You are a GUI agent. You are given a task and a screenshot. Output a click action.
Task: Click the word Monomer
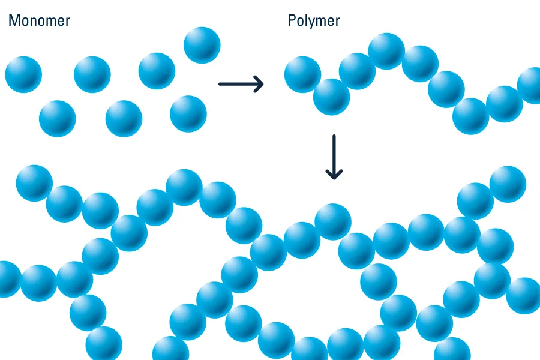[39, 21]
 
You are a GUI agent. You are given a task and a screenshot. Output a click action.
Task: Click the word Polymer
[314, 21]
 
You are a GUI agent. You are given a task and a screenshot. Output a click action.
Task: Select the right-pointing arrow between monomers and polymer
[241, 84]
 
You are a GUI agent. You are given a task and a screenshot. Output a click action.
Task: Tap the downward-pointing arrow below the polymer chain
[334, 157]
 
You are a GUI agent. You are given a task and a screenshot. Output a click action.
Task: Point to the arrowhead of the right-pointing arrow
[259, 84]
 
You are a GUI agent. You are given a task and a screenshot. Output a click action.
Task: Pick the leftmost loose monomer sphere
[23, 74]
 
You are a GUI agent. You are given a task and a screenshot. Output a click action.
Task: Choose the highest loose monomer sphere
[202, 45]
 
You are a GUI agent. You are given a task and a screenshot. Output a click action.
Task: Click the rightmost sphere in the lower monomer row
[188, 113]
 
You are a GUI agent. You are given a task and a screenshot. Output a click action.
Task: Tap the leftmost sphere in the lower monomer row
[58, 118]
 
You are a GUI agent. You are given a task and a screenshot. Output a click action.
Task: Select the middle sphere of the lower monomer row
[124, 118]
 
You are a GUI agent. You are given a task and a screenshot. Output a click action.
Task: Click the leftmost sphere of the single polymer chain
[302, 74]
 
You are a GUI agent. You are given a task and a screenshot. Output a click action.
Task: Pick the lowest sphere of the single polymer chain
[471, 116]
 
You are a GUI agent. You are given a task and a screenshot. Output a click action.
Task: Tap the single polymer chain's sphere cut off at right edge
[531, 85]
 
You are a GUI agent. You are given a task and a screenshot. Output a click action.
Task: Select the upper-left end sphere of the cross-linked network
[34, 183]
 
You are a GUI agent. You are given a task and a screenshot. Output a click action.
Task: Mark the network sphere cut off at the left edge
[7, 279]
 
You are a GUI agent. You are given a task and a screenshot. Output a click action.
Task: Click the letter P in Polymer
[292, 21]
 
